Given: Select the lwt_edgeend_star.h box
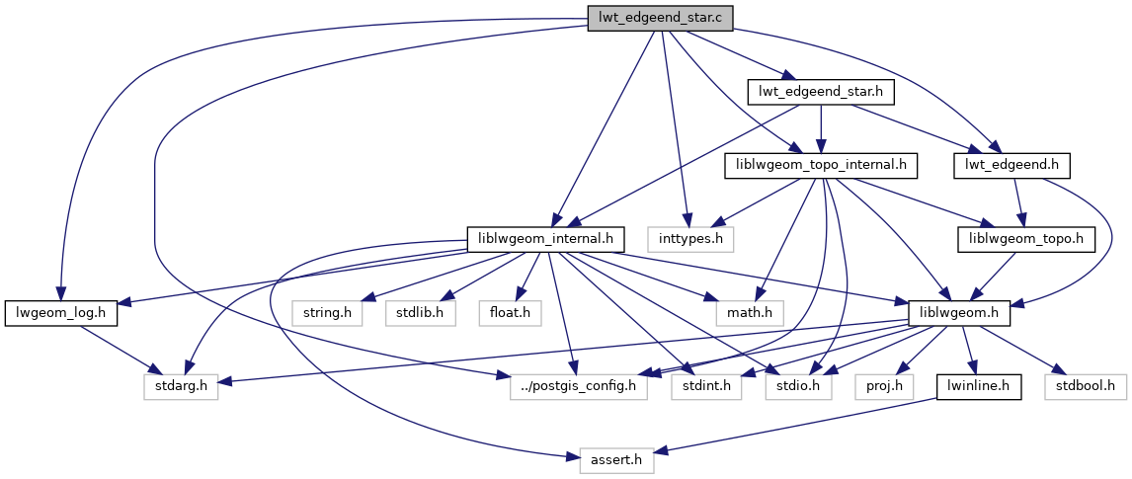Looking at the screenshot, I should coord(821,92).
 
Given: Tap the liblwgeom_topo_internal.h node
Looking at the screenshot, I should coord(822,165).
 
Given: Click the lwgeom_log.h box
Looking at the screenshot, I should coord(61,313).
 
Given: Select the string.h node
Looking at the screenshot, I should coord(327,313).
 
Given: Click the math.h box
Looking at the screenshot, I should coord(750,313).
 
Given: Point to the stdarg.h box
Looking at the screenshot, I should coord(181,386).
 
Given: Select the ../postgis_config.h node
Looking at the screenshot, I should coord(579,386).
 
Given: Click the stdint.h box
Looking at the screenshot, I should coord(705,386).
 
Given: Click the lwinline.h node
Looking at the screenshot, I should coord(978,386).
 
